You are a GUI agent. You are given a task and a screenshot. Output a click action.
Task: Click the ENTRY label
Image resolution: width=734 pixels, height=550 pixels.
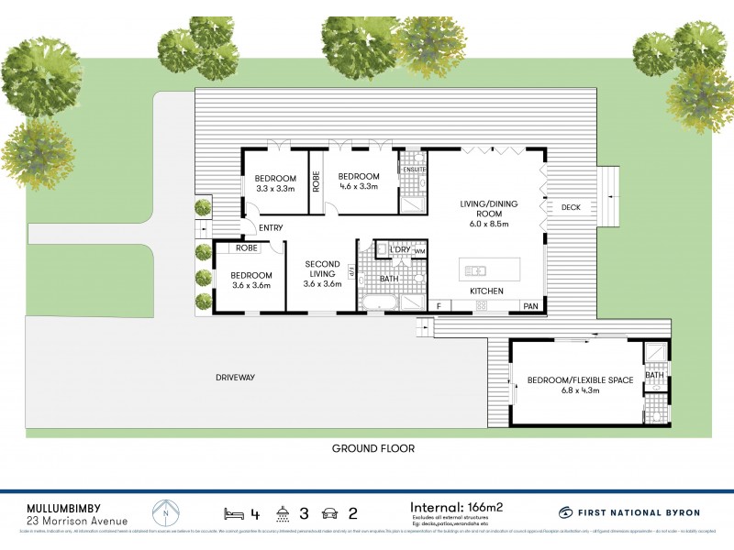click(271, 227)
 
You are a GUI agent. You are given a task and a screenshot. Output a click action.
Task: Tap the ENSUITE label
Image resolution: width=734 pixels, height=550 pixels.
click(413, 170)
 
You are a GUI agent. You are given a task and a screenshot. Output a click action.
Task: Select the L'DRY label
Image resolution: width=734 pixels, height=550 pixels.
click(399, 250)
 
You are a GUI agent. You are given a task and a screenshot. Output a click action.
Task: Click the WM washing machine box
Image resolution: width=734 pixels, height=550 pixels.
click(420, 251)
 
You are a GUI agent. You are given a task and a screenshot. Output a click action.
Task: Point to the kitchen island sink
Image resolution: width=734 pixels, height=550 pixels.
click(475, 270)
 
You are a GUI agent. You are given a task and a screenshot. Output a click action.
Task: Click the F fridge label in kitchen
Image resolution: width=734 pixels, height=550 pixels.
click(439, 306)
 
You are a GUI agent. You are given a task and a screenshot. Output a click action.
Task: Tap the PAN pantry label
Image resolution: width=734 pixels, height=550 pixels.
click(530, 306)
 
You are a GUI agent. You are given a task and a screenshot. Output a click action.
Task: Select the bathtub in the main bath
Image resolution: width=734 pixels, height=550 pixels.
click(376, 302)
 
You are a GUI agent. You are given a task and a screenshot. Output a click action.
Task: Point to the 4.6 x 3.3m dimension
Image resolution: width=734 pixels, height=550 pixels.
click(358, 188)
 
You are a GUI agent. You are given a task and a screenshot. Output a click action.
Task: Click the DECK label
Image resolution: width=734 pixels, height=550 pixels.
click(570, 207)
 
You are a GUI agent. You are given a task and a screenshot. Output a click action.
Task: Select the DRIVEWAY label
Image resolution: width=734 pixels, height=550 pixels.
click(235, 377)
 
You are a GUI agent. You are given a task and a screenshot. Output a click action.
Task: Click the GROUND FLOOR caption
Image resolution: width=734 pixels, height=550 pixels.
click(373, 449)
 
